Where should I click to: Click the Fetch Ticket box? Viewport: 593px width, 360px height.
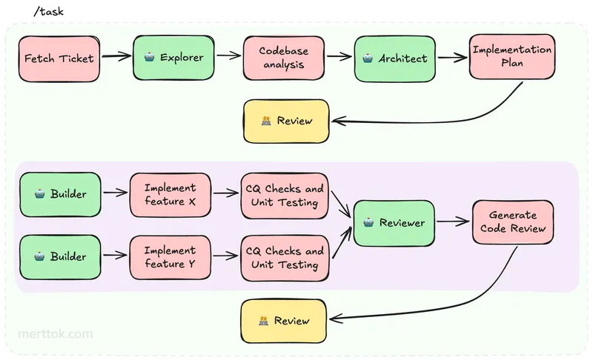(x=59, y=57)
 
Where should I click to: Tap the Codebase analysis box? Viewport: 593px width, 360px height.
(x=283, y=57)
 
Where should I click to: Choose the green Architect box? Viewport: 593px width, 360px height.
(x=395, y=57)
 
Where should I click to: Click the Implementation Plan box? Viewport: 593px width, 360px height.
(x=511, y=56)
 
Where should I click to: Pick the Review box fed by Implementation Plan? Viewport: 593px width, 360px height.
(x=286, y=121)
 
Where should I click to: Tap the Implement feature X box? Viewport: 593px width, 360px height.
(x=170, y=195)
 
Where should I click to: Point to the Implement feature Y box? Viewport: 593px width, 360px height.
(x=170, y=257)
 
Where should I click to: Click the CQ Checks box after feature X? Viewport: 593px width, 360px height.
(x=285, y=196)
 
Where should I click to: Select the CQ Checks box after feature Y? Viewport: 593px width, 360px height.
(x=285, y=258)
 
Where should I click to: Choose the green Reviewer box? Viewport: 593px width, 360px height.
(x=394, y=222)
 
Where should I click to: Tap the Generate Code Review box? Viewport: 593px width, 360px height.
(x=513, y=221)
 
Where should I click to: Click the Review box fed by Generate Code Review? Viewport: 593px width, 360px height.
(x=283, y=321)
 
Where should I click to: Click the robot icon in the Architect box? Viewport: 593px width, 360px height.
(x=368, y=57)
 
